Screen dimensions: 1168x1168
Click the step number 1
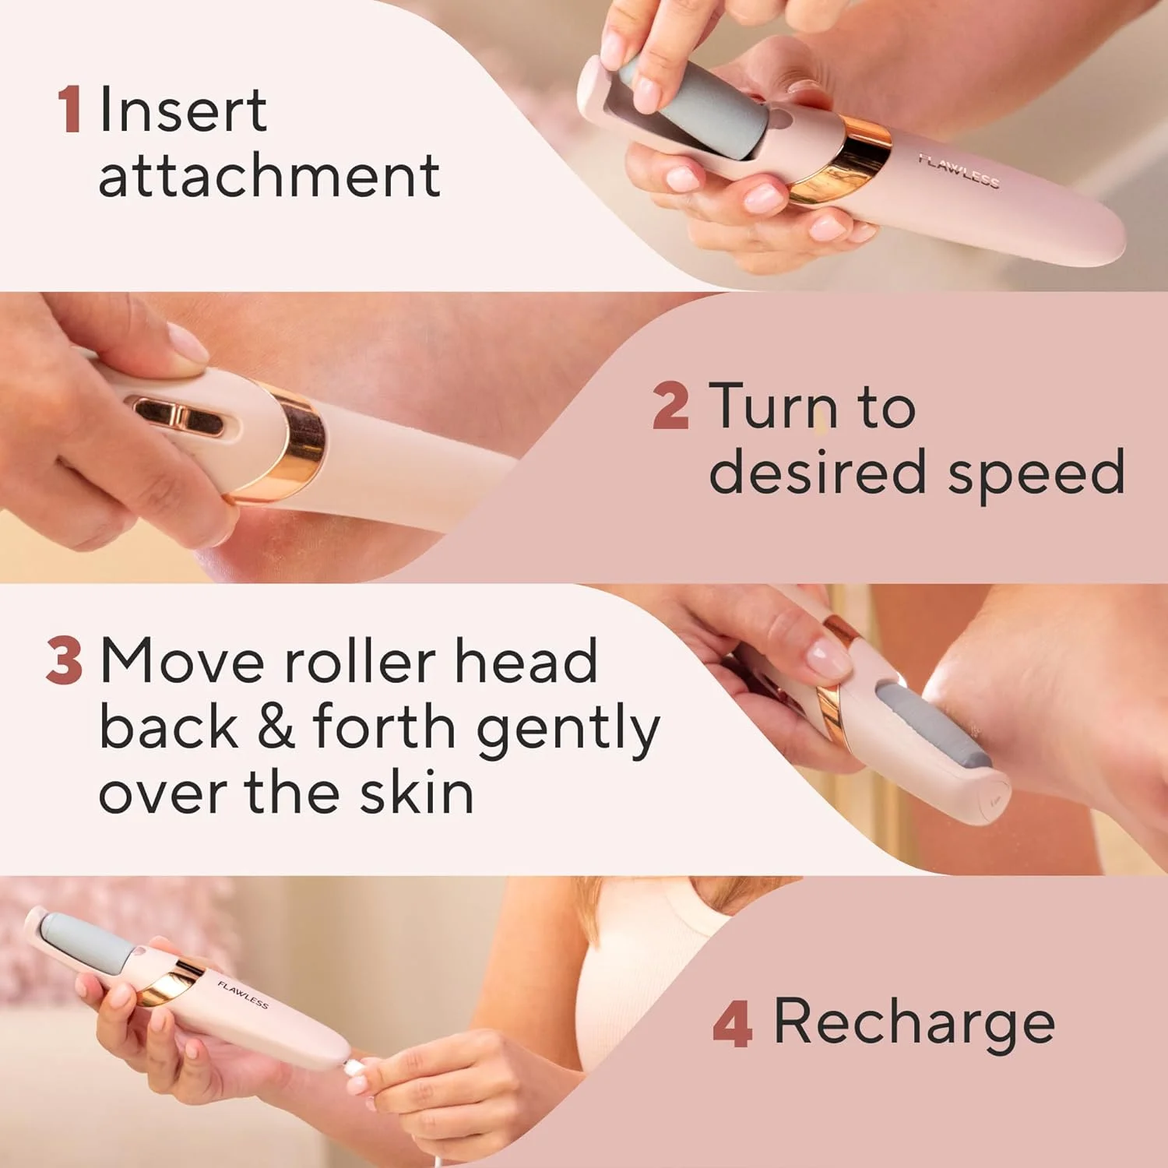(x=69, y=110)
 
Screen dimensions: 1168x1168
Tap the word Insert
(x=184, y=111)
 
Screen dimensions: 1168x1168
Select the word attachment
(x=269, y=176)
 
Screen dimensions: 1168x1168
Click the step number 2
(x=670, y=406)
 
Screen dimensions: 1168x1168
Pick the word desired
(x=817, y=471)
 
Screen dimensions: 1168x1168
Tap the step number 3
(x=64, y=661)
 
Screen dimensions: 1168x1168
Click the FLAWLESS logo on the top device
(x=958, y=171)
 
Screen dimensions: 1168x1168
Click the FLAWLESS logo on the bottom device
(x=243, y=994)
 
